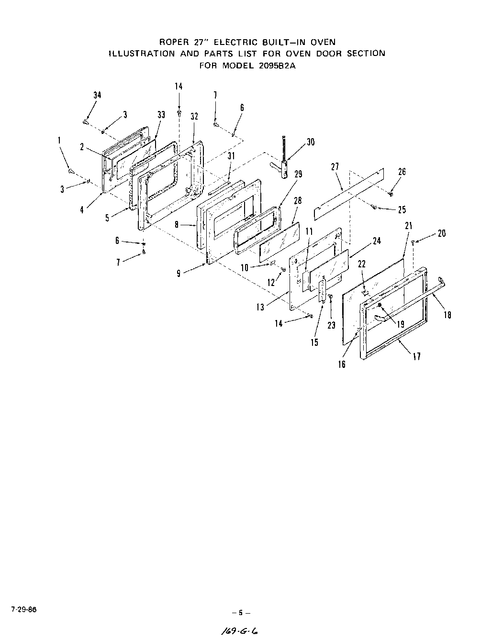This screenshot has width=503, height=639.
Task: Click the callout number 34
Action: (97, 95)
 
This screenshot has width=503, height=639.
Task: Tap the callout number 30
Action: (311, 142)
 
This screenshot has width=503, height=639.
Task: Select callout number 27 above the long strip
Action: (335, 166)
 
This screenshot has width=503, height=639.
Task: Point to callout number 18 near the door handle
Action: (447, 315)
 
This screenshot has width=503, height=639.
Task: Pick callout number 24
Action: (377, 241)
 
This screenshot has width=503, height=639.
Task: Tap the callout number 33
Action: (161, 114)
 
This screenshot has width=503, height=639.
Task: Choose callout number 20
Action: (441, 233)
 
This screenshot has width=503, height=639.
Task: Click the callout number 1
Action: (59, 140)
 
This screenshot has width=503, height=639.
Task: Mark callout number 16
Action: (341, 364)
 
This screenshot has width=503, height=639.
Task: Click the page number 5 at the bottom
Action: (241, 612)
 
